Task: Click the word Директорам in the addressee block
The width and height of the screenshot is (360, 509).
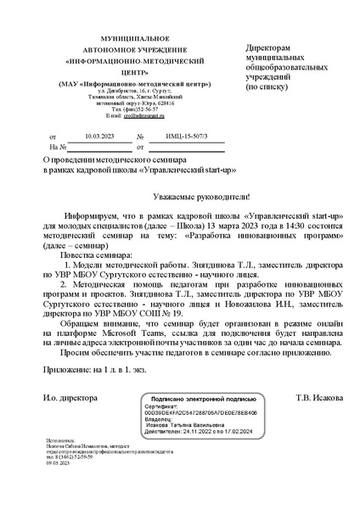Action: pos(268,48)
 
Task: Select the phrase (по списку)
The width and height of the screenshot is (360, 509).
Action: pos(267,87)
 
